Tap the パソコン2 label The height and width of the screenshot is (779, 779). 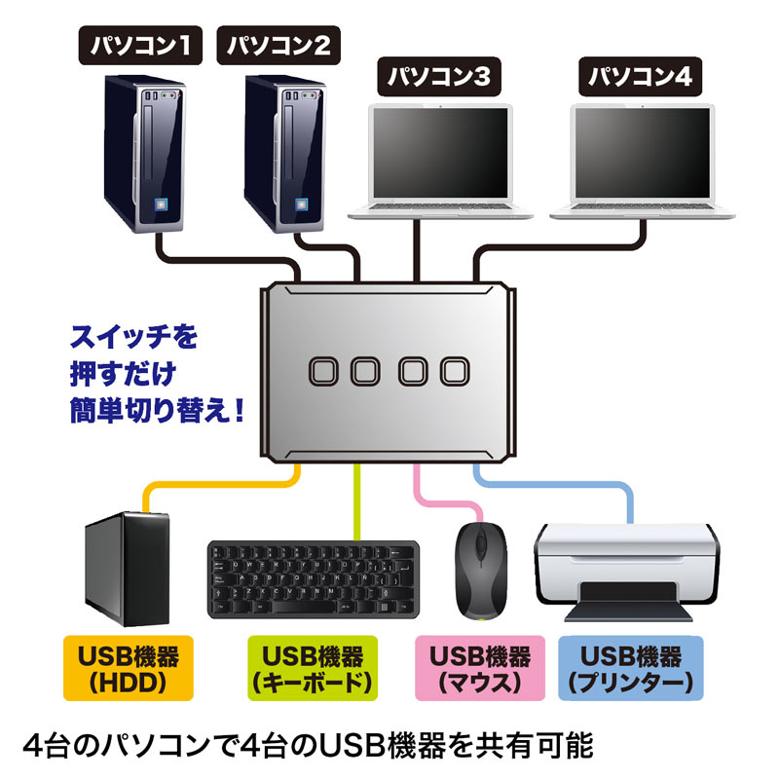(280, 44)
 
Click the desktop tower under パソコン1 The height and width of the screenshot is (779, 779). (142, 156)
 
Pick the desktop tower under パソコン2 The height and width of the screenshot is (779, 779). (283, 156)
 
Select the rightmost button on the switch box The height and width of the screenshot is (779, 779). (455, 370)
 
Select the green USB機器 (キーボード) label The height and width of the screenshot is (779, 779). (312, 667)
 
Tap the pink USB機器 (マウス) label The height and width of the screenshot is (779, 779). (480, 667)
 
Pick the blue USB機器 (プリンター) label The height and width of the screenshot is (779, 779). (631, 667)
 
